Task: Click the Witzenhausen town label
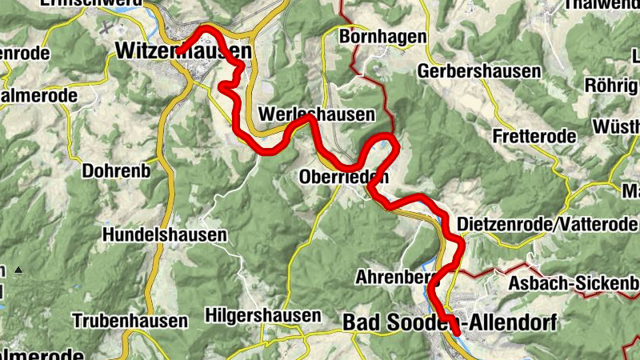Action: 183,50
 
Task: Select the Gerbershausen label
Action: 479,71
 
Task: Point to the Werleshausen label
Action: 317,114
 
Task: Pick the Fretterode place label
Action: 534,136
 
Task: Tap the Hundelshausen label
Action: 165,235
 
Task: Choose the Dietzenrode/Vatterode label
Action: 548,225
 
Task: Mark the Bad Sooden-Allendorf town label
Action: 447,322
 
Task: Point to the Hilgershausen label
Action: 263,314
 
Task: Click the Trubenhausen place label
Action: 130,321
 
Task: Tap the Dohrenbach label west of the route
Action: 116,170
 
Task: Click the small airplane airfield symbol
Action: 107,26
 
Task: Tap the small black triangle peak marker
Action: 18,270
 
